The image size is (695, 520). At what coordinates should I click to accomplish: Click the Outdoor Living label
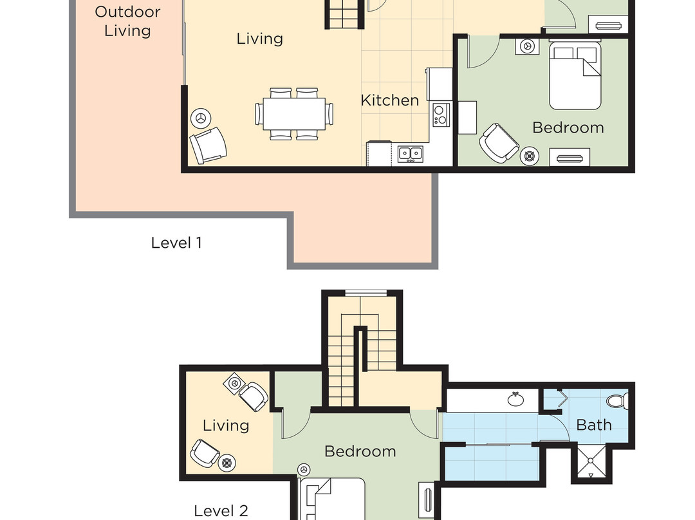127,21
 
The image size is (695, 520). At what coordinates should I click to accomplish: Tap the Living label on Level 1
259,39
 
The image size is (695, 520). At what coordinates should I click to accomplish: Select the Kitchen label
389,100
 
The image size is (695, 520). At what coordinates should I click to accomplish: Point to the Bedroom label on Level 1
568,127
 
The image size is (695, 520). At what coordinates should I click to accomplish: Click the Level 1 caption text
176,243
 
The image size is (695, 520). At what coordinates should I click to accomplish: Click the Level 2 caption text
221,510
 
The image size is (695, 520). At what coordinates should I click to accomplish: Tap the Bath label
593,425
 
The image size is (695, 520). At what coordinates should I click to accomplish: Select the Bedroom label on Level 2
360,451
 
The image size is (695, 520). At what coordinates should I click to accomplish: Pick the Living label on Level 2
225,425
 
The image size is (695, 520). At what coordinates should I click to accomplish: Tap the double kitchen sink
410,153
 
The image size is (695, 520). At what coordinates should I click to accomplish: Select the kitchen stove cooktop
441,115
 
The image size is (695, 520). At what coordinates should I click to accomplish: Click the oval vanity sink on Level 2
515,399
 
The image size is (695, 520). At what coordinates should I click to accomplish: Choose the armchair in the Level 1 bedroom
499,141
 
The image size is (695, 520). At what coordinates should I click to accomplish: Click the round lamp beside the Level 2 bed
304,469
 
